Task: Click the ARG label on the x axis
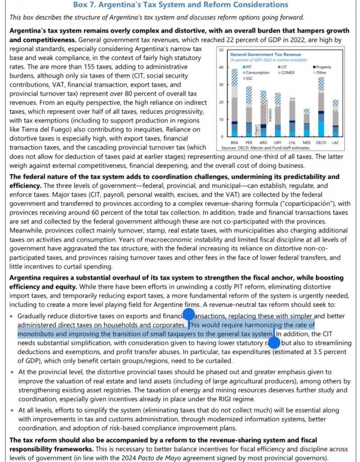pyautogui.click(x=263, y=142)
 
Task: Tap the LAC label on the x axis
pyautogui.click(x=335, y=142)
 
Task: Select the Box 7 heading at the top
pyautogui.click(x=180, y=5)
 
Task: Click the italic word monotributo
pyautogui.click(x=35, y=334)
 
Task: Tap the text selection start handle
pyautogui.click(x=188, y=314)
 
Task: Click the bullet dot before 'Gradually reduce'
pyautogui.click(x=12, y=316)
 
